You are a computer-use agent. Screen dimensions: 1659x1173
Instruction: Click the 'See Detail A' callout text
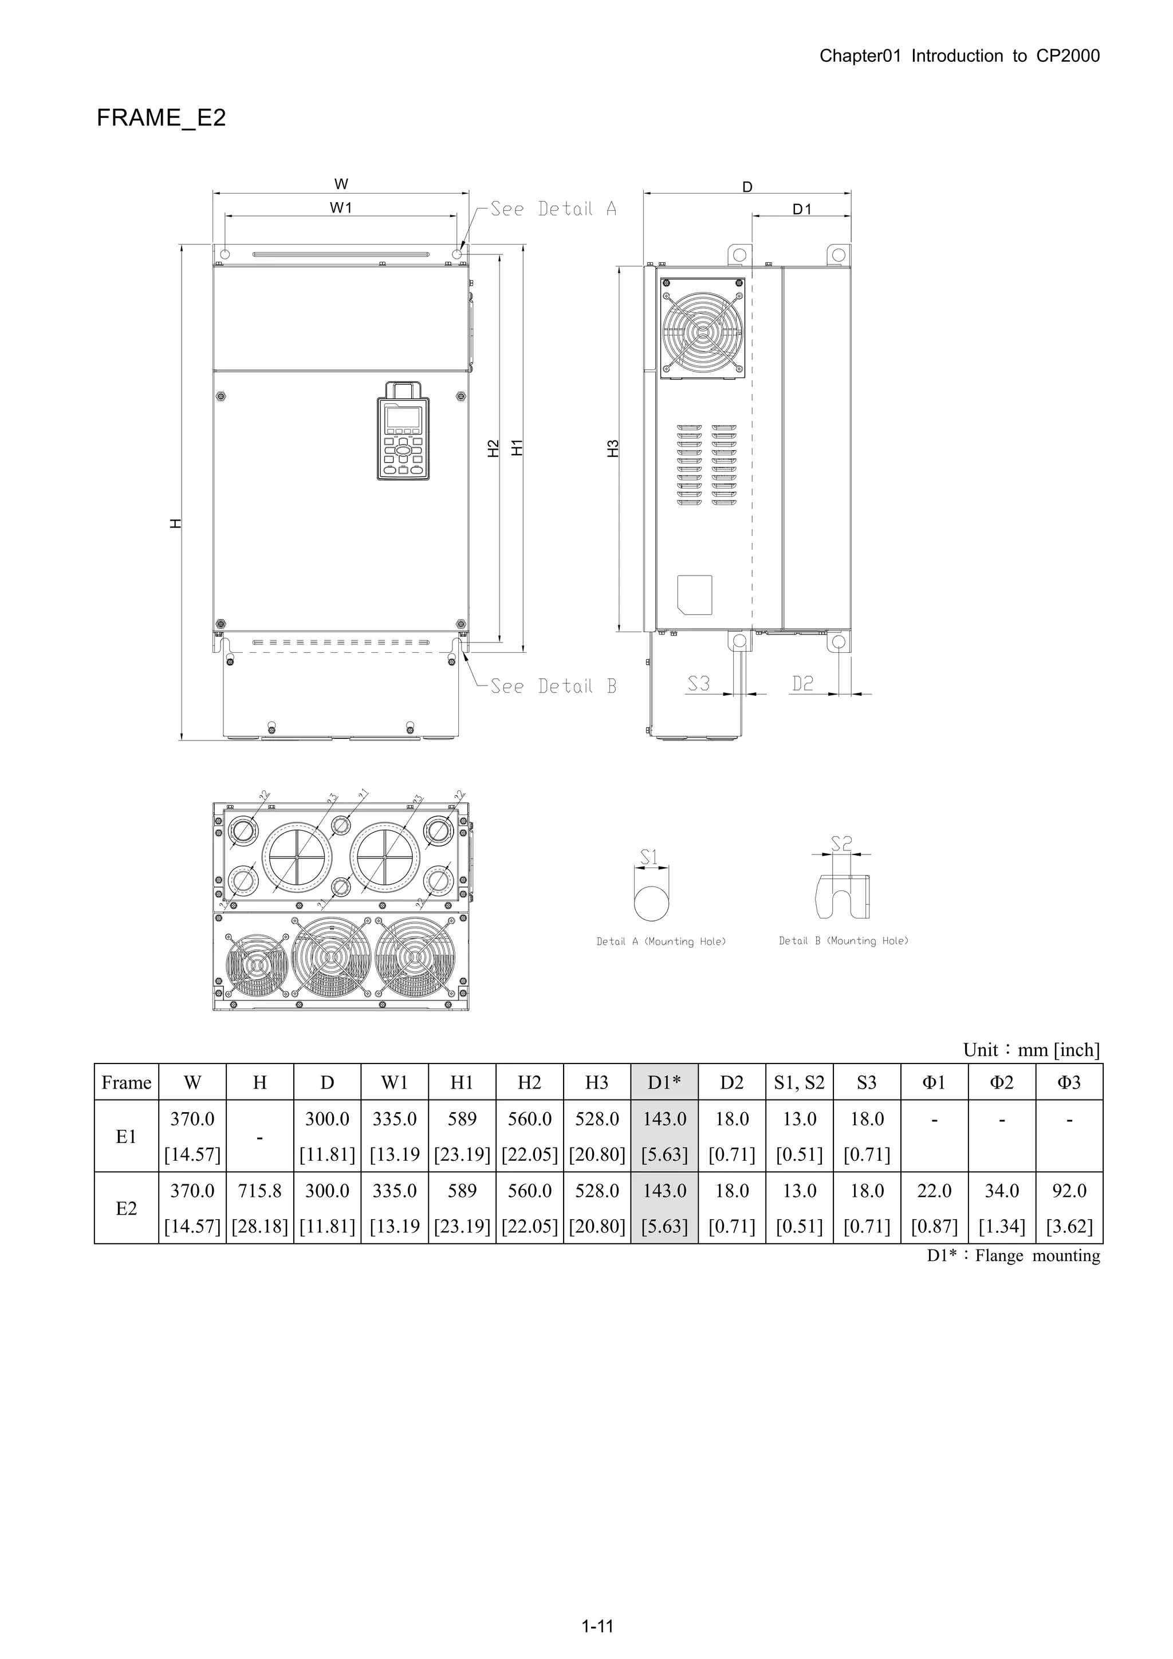pyautogui.click(x=553, y=210)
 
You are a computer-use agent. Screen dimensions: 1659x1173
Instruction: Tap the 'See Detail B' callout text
pyautogui.click(x=553, y=687)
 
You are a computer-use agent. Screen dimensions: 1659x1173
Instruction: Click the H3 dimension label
pyautogui.click(x=613, y=448)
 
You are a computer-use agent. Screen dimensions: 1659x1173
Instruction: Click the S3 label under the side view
pyautogui.click(x=698, y=684)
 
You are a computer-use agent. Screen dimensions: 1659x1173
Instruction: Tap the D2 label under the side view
pyautogui.click(x=802, y=684)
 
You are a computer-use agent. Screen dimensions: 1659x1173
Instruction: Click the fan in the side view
pyautogui.click(x=702, y=328)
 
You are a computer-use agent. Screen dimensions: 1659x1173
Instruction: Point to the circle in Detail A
pyautogui.click(x=651, y=903)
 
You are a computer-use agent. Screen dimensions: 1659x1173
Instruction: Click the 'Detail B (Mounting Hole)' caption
pyautogui.click(x=844, y=941)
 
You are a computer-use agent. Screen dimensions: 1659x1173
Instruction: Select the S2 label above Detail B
pyautogui.click(x=841, y=843)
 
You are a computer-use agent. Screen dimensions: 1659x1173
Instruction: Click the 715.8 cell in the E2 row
pyautogui.click(x=259, y=1191)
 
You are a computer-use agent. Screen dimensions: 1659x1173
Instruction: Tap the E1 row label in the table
pyautogui.click(x=127, y=1137)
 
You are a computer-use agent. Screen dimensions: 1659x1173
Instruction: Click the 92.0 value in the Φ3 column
pyautogui.click(x=1069, y=1191)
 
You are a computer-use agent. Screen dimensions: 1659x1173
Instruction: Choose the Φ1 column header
pyautogui.click(x=934, y=1082)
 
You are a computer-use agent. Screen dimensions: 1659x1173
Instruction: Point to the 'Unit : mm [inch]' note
pyautogui.click(x=1032, y=1050)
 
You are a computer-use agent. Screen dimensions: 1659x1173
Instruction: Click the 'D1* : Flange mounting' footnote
pyautogui.click(x=1013, y=1256)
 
